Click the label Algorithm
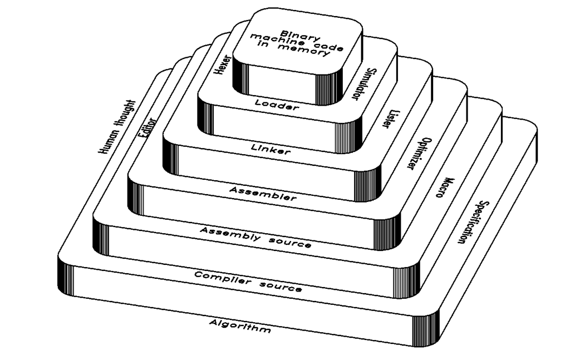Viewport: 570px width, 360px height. tap(240, 326)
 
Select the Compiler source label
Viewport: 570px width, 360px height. tap(248, 282)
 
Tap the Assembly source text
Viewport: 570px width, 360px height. tap(255, 237)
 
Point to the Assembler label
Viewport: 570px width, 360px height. tap(263, 194)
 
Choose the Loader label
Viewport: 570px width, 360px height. tap(277, 106)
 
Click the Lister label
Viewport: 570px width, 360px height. tap(390, 118)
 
